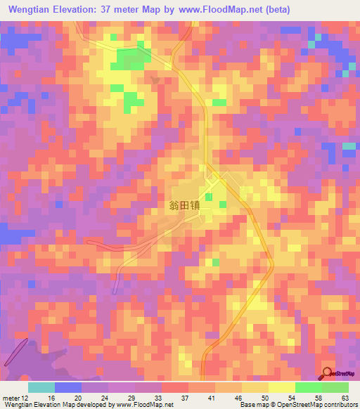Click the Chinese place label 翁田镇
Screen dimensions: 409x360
(x=185, y=206)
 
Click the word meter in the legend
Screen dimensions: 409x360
(x=11, y=397)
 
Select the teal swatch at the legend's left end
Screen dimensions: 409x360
(x=41, y=387)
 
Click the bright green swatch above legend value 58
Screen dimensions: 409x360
(x=308, y=387)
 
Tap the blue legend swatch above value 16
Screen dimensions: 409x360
(x=68, y=387)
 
